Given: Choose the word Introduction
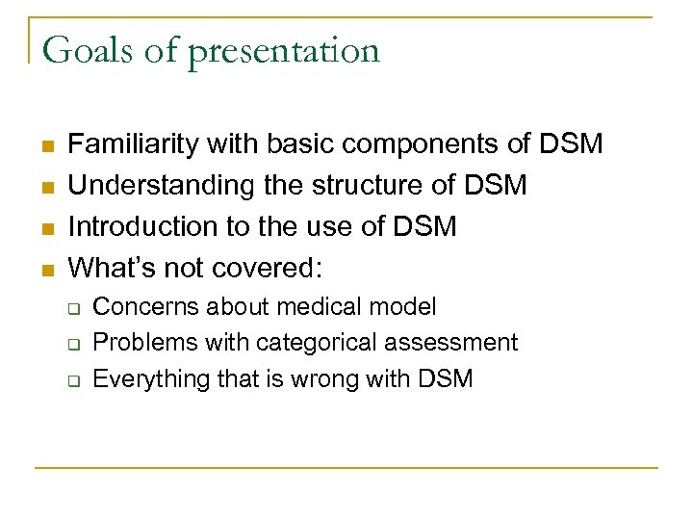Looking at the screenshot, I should pyautogui.click(x=134, y=226).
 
